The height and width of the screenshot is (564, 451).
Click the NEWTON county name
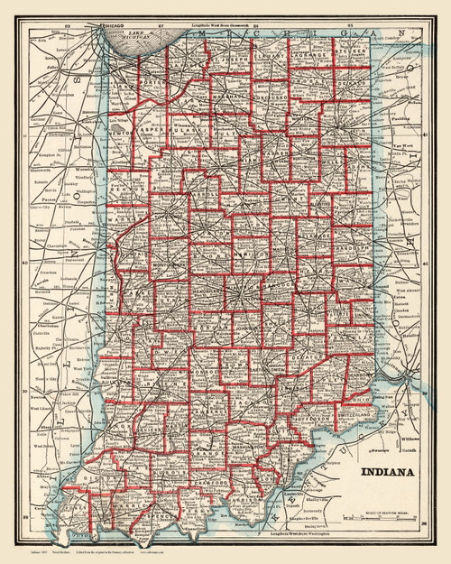[x=129, y=129]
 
